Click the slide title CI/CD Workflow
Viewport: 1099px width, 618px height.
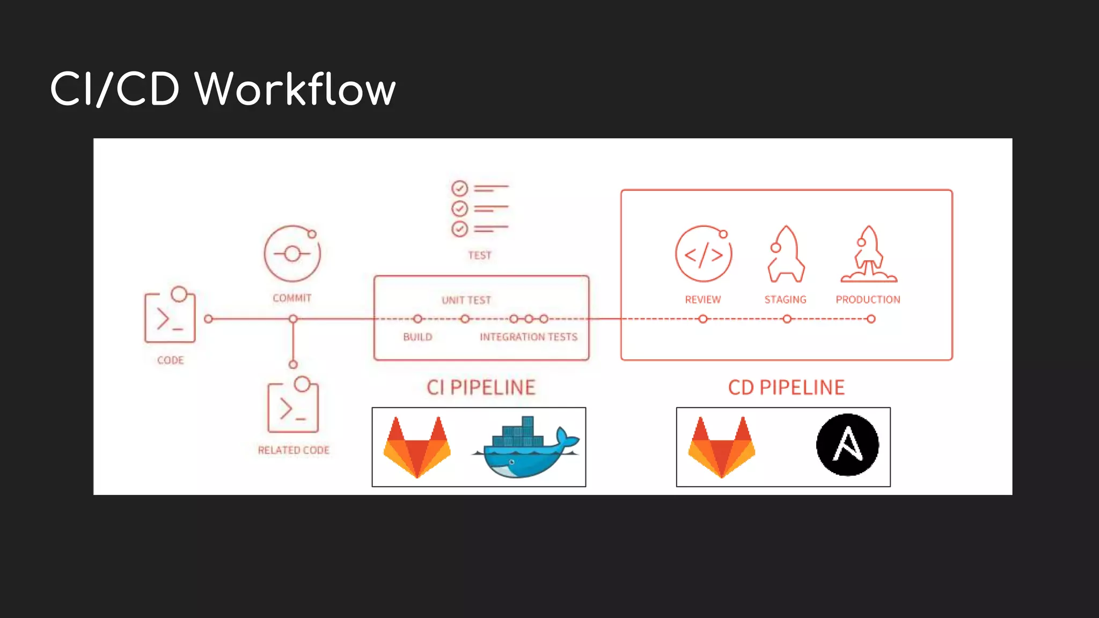[223, 89]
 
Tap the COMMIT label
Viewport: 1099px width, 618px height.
[292, 298]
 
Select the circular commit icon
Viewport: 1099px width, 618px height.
[292, 254]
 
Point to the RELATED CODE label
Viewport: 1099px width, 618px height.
[294, 451]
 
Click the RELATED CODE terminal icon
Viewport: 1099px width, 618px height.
[293, 407]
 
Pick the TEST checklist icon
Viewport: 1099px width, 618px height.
[479, 209]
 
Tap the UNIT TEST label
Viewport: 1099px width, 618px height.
[466, 300]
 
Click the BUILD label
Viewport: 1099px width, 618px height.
[417, 337]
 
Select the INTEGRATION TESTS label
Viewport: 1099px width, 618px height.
[529, 337]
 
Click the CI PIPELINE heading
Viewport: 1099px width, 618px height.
[481, 388]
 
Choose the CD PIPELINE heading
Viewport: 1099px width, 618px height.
[786, 388]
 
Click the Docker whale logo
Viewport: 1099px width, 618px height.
[526, 448]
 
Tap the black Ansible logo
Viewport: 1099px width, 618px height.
[847, 445]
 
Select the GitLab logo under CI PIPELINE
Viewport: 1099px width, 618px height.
[417, 447]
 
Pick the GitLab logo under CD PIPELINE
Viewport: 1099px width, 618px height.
[722, 447]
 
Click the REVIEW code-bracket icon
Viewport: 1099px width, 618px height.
[704, 254]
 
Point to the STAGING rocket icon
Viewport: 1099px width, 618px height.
[786, 254]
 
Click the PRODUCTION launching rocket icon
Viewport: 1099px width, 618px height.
[869, 254]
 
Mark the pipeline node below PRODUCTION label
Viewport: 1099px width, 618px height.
[871, 319]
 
